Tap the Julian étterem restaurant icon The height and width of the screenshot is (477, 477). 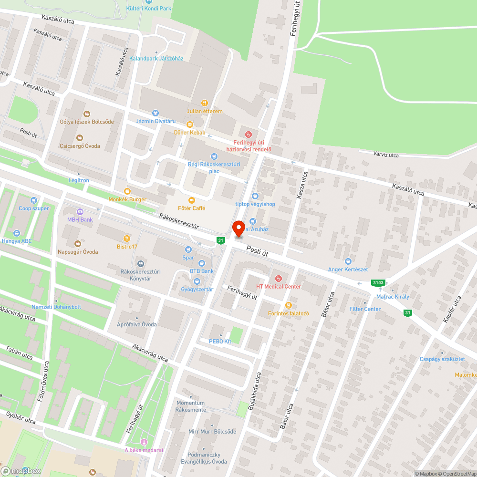coord(205,103)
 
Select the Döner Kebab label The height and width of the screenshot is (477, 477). coord(189,132)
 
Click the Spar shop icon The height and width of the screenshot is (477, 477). coord(188,249)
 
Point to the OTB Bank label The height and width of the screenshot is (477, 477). coord(201,271)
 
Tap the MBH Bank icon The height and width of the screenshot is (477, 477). coord(80,211)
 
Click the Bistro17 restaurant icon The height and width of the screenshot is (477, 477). coord(127,238)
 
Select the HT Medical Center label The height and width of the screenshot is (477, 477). coord(279,286)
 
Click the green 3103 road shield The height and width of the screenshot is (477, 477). coord(378,283)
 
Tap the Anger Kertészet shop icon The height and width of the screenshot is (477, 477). coord(348,261)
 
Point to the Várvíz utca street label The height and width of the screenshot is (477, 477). coord(385,155)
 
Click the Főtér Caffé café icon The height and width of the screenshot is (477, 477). coord(192,200)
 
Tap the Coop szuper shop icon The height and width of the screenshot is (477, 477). coord(33,200)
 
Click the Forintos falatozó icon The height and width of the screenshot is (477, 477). coord(288,305)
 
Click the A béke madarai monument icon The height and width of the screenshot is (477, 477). coord(144,442)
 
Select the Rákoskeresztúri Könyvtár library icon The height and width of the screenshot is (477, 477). coord(140,264)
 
